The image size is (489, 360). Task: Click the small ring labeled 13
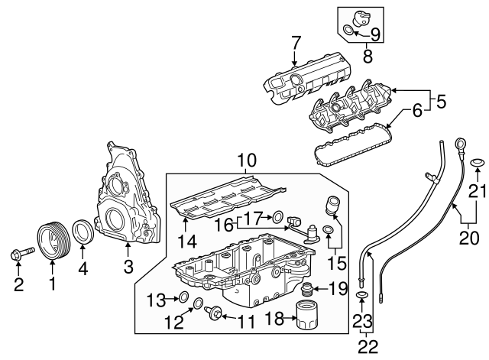coord(183,297)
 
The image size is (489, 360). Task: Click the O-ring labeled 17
coord(277,216)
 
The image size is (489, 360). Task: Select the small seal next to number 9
coord(349,31)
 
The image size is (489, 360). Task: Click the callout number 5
coord(441,99)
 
